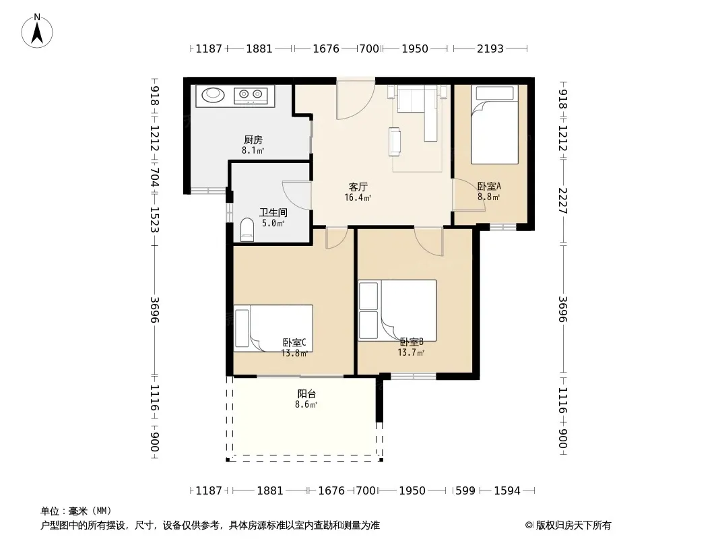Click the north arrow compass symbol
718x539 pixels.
coord(37,31)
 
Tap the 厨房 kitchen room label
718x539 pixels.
coord(253,139)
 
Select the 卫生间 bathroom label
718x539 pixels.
coord(273,212)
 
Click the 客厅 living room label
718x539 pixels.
coord(358,187)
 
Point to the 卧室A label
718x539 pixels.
coord(489,187)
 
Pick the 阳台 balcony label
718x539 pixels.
coord(306,394)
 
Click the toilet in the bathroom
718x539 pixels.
coord(247,230)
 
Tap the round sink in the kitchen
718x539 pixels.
coord(213,95)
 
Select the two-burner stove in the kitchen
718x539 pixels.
coord(251,95)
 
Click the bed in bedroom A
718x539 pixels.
coord(494,124)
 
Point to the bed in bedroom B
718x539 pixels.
coord(397,311)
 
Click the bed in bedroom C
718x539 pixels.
coord(273,328)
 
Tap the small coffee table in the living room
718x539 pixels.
coord(395,141)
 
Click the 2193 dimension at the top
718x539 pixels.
coord(490,49)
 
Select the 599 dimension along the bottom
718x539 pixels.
coord(465,490)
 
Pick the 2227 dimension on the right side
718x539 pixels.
coord(563,201)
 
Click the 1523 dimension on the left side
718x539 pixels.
coord(154,220)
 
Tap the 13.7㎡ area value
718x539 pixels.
coord(411,352)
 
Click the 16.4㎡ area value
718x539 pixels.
coord(358,198)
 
